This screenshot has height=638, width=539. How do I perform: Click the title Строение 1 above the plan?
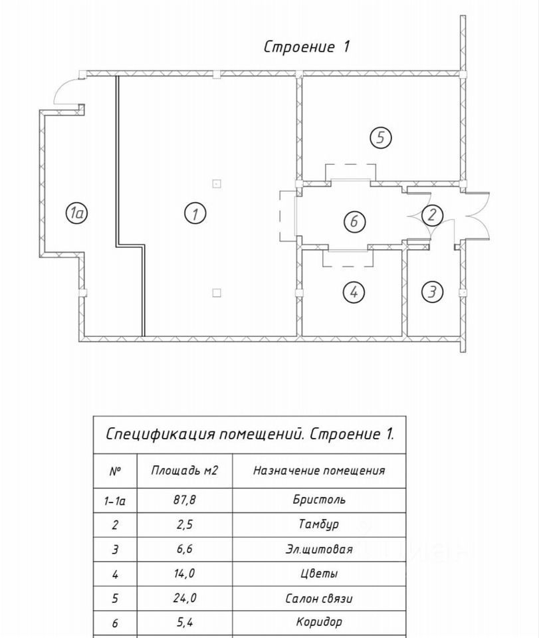point(306,47)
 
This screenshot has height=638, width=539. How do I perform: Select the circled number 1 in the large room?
point(195,213)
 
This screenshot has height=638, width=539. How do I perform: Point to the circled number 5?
point(380,138)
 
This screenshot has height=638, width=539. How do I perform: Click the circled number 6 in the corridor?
point(354,221)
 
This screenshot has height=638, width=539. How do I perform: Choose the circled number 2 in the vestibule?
point(433,215)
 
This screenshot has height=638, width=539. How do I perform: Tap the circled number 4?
point(354,291)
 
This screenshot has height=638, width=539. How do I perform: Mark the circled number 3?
point(433,291)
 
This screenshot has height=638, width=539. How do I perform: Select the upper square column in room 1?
point(217,183)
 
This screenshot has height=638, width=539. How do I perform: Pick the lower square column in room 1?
point(217,292)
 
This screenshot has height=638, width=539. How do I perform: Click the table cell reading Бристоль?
point(319,500)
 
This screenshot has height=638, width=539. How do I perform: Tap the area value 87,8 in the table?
point(184,500)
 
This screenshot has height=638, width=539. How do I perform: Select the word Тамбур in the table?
point(319,524)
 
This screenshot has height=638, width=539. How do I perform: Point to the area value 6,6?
point(184,550)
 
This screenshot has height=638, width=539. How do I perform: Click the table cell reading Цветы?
point(319,574)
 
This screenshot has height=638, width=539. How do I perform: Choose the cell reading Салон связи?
point(319,598)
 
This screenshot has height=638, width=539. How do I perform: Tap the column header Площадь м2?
point(184,471)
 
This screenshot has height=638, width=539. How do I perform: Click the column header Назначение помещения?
point(319,471)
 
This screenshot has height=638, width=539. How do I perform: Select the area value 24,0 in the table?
point(184,598)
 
